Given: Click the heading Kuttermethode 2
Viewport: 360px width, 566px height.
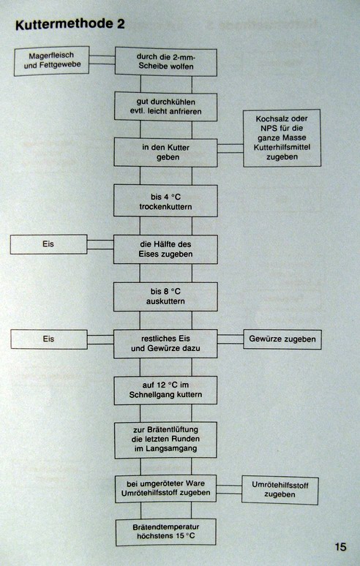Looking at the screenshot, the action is click(x=70, y=24).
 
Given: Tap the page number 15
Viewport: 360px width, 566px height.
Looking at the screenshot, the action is click(x=340, y=546).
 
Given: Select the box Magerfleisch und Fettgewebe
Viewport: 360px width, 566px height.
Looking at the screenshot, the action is click(x=52, y=61).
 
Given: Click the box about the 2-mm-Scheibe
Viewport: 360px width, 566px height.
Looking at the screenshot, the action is click(x=166, y=61).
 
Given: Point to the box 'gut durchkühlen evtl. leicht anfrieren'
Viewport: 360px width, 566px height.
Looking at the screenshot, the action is click(x=166, y=107).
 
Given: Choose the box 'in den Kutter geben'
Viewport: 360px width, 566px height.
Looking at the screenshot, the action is click(x=166, y=152).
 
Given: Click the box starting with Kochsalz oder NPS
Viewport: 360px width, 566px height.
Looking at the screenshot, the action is click(x=282, y=138).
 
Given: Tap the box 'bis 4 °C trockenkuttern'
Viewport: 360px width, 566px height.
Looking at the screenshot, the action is click(x=166, y=201).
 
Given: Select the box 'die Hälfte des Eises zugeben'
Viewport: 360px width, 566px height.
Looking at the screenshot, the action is click(x=166, y=249).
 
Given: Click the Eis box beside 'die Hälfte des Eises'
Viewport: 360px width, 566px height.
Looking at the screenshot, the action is click(x=48, y=244).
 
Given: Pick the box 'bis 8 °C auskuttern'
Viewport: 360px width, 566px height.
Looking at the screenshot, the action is click(x=166, y=296).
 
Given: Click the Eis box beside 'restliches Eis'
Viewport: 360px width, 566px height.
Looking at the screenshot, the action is click(x=49, y=339).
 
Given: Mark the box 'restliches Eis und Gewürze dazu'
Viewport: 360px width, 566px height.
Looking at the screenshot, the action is click(x=166, y=344).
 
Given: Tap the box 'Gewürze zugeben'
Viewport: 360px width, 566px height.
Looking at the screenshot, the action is click(x=282, y=339).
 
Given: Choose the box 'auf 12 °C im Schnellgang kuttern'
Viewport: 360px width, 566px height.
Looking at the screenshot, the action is click(x=166, y=390).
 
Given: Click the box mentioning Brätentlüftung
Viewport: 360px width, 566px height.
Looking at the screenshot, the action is click(x=166, y=439).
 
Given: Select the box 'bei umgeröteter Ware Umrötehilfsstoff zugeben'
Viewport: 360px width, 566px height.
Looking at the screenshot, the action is click(x=166, y=488).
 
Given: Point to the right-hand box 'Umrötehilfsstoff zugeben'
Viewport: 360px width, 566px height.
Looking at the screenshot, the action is click(x=280, y=490).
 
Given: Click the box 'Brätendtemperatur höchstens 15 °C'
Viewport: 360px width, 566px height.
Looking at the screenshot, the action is click(x=166, y=532).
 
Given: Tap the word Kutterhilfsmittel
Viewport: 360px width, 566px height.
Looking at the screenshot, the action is click(x=282, y=147).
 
